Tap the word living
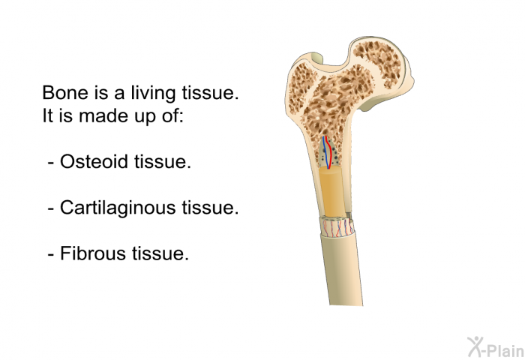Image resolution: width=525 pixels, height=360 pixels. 153,94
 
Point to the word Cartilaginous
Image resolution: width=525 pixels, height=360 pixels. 118,208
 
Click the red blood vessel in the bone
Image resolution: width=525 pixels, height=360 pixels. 329,152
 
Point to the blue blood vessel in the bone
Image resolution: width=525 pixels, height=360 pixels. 325,151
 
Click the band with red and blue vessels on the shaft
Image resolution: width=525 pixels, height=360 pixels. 337,227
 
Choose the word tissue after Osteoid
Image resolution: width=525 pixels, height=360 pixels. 163,161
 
